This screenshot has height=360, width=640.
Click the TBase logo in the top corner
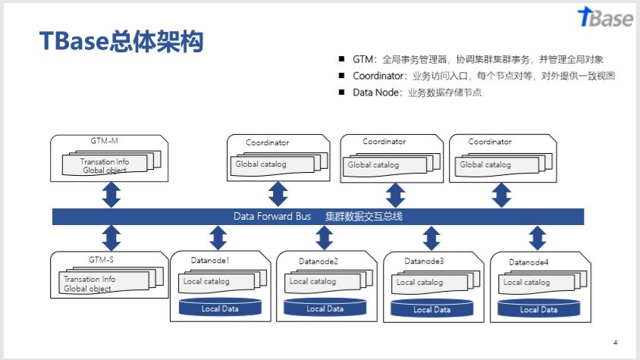pyautogui.click(x=604, y=18)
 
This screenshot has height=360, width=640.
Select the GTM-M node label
pyautogui.click(x=104, y=140)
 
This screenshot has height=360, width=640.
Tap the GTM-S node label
pyautogui.click(x=101, y=259)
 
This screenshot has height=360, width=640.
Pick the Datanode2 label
pyautogui.click(x=318, y=261)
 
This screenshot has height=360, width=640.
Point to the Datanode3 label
pyautogui.click(x=424, y=261)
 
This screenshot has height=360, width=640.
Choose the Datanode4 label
pyautogui.click(x=529, y=262)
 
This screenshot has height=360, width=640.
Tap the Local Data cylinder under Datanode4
pyautogui.click(x=538, y=308)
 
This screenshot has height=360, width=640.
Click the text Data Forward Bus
pyautogui.click(x=272, y=216)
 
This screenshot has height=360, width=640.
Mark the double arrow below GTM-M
pyautogui.click(x=112, y=194)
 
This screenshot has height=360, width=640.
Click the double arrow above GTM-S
pyautogui.click(x=112, y=237)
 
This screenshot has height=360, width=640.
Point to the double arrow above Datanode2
pyautogui.click(x=325, y=237)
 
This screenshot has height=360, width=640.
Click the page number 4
pyautogui.click(x=615, y=341)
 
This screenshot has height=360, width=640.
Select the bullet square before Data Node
pyautogui.click(x=342, y=92)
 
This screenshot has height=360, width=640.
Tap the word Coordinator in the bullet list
pyautogui.click(x=380, y=76)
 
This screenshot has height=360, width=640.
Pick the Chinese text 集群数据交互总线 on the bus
pyautogui.click(x=364, y=216)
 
